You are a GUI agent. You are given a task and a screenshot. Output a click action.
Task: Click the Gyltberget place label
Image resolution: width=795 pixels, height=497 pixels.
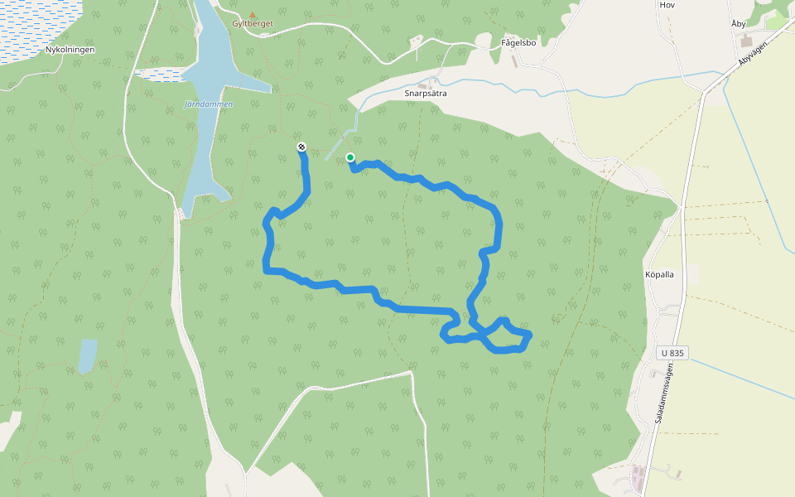click(253, 24)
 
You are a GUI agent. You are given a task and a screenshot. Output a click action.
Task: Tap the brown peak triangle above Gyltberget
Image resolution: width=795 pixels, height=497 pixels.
click(253, 14)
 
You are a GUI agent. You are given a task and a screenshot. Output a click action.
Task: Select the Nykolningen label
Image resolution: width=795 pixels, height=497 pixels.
click(70, 50)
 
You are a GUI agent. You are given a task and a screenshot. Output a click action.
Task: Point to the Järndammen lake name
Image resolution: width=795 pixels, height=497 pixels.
click(208, 105)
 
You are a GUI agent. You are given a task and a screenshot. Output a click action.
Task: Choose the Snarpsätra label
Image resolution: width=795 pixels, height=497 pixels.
click(426, 94)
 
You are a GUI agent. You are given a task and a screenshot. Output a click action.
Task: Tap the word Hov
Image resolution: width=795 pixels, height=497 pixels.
click(667, 5)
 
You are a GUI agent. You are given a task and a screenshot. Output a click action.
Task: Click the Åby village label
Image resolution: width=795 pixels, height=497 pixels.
click(739, 24)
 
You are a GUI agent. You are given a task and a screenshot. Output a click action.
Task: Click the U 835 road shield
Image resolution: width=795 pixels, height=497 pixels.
click(673, 354)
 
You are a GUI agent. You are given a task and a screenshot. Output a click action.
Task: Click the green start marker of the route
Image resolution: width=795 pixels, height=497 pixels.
click(350, 157)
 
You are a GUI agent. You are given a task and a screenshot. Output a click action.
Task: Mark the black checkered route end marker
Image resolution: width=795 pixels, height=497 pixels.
click(301, 147)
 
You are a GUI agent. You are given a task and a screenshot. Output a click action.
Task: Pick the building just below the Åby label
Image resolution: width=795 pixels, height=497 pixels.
click(746, 39)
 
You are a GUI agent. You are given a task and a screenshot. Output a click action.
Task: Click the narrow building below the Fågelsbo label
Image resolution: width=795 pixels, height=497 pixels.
click(515, 60)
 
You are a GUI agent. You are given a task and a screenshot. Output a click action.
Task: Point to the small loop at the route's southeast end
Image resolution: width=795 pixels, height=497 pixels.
click(508, 335)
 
